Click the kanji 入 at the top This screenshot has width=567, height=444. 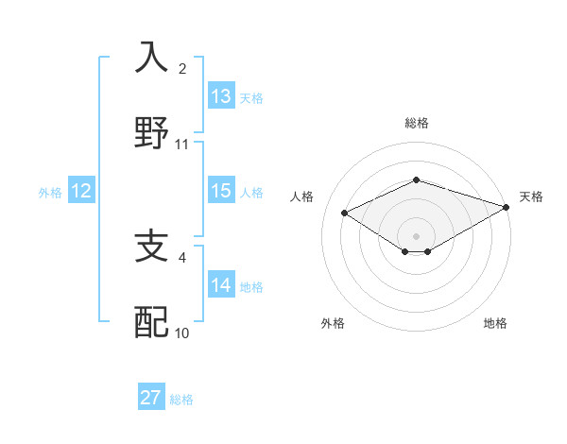click(x=151, y=57)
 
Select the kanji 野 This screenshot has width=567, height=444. click(x=151, y=132)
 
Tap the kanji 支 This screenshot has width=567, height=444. click(x=151, y=246)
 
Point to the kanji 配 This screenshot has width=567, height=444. click(x=151, y=321)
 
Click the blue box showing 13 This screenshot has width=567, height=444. click(x=221, y=96)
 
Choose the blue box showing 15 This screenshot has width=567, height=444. click(x=221, y=191)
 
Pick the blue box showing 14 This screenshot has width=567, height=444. click(x=221, y=285)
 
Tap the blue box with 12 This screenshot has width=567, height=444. click(x=80, y=191)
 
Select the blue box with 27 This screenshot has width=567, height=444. click(x=151, y=398)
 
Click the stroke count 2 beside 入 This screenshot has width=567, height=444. click(x=182, y=68)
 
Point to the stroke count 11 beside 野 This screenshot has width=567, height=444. click(x=182, y=145)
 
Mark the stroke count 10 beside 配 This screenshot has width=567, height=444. click(x=182, y=333)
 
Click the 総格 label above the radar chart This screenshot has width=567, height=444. click(x=417, y=123)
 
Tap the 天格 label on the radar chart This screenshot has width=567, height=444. click(x=531, y=196)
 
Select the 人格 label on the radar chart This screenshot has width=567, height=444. click(x=302, y=196)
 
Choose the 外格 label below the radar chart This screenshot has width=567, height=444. click(x=333, y=323)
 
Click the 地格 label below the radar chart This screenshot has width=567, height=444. click(x=495, y=323)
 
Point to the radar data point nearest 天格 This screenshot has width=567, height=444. click(x=507, y=206)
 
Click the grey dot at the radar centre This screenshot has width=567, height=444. click(x=416, y=235)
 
